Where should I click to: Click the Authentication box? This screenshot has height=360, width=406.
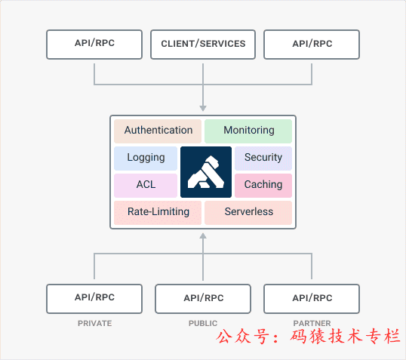click(x=158, y=131)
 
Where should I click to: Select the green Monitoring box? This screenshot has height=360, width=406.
click(x=248, y=131)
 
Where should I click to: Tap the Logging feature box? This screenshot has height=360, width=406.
click(x=146, y=158)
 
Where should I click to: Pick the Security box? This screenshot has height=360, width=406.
click(x=263, y=158)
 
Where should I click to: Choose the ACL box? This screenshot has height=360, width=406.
click(x=146, y=185)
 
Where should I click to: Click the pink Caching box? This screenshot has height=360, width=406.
click(x=263, y=185)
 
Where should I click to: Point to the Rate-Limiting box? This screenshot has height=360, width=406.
click(x=158, y=212)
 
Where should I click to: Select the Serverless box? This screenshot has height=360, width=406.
click(x=248, y=212)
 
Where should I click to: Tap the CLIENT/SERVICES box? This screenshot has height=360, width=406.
click(x=203, y=44)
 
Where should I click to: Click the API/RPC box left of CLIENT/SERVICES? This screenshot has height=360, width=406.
click(x=94, y=44)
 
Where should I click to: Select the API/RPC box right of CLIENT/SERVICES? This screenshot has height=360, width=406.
click(x=312, y=44)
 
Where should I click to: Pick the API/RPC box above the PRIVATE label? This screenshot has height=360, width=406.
click(x=94, y=298)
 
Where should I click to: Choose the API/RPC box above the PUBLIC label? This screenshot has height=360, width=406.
click(x=203, y=298)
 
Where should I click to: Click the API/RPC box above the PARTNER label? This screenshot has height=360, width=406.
click(x=312, y=298)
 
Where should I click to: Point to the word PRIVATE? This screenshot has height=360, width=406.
click(x=94, y=323)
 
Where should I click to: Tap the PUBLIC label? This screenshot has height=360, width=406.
click(x=203, y=323)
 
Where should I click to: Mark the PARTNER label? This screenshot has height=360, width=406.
click(x=312, y=323)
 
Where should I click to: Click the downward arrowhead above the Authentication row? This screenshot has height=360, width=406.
click(x=203, y=108)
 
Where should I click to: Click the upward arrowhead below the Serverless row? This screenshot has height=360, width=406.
click(x=203, y=236)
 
